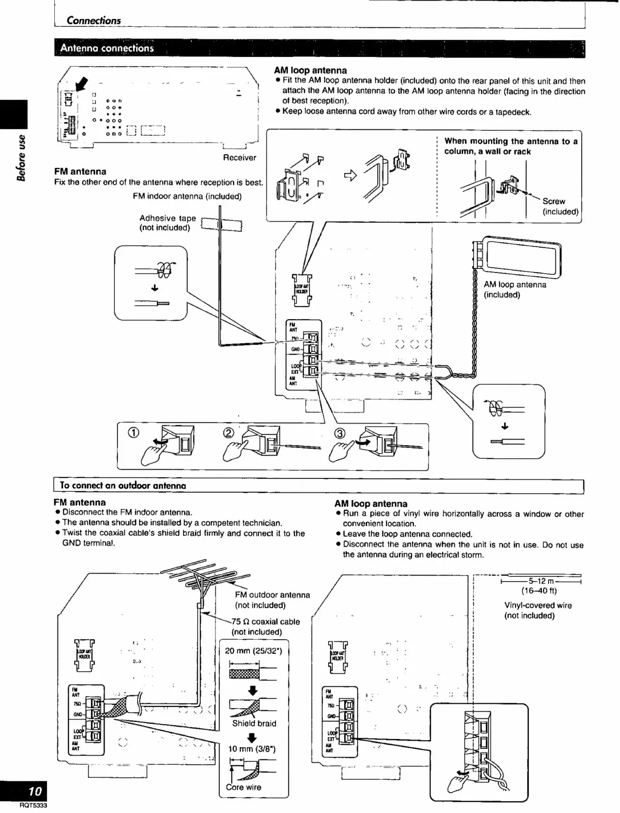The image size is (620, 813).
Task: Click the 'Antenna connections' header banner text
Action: pos(107,49)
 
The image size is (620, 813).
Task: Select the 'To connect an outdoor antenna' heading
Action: pos(123,486)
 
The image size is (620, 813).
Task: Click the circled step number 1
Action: pos(132,434)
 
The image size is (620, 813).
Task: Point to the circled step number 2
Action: pos(228,433)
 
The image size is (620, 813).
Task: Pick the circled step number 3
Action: pos(341,433)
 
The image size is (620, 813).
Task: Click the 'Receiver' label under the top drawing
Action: pos(239,158)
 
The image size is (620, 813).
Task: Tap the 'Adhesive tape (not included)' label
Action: pos(167,223)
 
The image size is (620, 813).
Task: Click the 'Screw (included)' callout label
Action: pos(560,206)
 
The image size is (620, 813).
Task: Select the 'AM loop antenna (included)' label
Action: pos(514,290)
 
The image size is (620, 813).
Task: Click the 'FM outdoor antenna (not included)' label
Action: pos(272,600)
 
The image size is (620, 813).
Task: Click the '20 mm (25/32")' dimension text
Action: pos(253,651)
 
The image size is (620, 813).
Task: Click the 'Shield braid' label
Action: pos(254,723)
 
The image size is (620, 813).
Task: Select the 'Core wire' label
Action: pos(243,787)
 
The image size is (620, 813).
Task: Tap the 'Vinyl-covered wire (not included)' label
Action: pos(538,610)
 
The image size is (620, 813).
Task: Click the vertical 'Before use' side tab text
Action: pos(21,157)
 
